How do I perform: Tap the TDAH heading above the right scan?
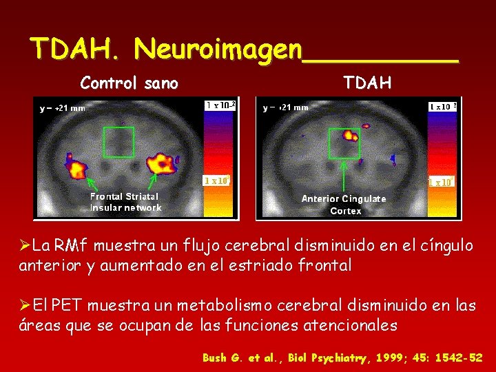click(x=368, y=83)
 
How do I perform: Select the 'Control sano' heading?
click(x=130, y=84)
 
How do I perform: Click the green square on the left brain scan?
click(x=118, y=142)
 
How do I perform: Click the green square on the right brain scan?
click(x=344, y=143)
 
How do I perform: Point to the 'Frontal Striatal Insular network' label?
click(x=125, y=202)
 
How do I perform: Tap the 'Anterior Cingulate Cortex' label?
click(x=344, y=205)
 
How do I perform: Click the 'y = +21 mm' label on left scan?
click(x=63, y=108)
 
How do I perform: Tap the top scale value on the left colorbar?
click(x=221, y=105)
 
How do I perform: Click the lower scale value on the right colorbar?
click(x=440, y=182)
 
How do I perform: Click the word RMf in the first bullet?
click(x=70, y=245)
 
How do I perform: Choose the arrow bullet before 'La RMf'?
click(x=25, y=245)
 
